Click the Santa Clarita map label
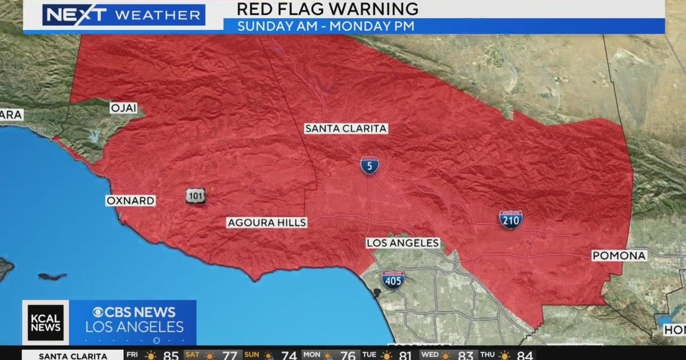click(346, 129)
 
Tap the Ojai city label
click(124, 108)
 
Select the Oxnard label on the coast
click(130, 201)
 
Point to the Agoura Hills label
click(267, 222)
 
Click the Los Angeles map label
click(403, 243)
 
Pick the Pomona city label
click(619, 256)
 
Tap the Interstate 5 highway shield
click(369, 165)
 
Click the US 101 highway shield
click(196, 196)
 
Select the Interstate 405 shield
click(393, 279)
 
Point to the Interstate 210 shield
click(510, 219)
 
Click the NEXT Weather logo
click(123, 15)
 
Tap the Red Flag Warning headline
click(327, 9)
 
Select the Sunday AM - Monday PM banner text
click(326, 26)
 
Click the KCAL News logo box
click(46, 322)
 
